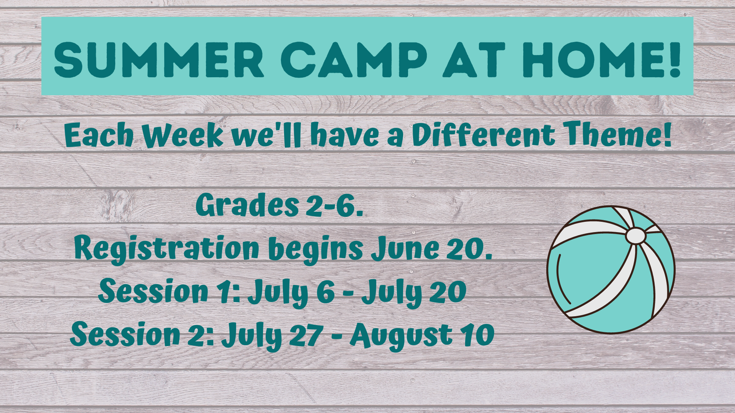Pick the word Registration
[167, 249]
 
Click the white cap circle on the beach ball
[635, 236]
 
